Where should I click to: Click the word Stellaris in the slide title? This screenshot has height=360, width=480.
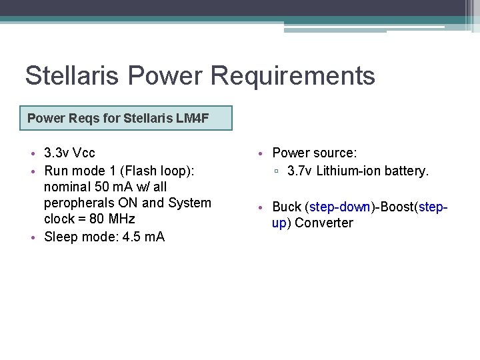tap(71, 76)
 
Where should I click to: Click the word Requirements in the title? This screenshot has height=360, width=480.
tap(293, 76)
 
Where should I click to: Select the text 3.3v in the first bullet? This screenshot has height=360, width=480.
tap(56, 153)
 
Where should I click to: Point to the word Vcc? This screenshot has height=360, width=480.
tap(83, 153)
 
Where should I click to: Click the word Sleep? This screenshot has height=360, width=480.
tap(60, 237)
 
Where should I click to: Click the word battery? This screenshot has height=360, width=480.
tap(407, 171)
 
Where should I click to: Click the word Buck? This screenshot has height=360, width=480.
tap(287, 207)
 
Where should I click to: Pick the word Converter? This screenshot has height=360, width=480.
tap(324, 223)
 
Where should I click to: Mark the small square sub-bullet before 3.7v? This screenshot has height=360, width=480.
tap(277, 171)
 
